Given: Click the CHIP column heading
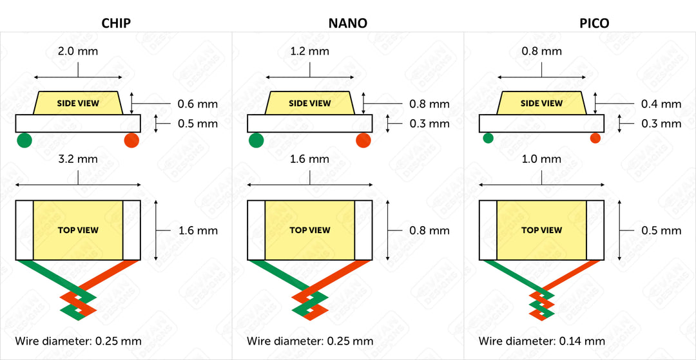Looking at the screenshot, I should coord(117,23).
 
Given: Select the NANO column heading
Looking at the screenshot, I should coord(348,23).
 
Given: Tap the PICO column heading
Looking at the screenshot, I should coord(594,23).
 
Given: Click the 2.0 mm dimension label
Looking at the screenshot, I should coord(78,52).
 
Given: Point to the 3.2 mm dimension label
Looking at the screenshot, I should coord(78,159).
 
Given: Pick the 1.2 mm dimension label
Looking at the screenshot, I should coord(310,52).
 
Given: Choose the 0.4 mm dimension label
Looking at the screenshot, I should coord(661,104).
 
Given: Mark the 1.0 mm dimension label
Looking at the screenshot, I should coord(542,159).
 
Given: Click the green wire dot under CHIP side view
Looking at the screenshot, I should coord(24,140).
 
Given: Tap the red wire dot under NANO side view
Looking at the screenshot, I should coord(363,140).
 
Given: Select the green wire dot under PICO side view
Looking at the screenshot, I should coord(488,138).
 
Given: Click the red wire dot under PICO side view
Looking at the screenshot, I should coord(595,138).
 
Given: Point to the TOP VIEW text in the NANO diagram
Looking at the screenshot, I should coord(310,230).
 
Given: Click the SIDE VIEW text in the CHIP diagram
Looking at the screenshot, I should coord(77,103).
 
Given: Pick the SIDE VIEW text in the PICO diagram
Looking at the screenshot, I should coord(541,103).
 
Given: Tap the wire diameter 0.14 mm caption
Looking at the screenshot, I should coord(541,341).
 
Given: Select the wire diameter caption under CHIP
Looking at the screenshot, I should coord(78,341).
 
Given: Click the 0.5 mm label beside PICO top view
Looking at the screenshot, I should coord(661,230).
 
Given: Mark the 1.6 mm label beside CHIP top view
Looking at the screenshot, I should coord(197,230).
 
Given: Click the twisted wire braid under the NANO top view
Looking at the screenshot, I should coord(310,303).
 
